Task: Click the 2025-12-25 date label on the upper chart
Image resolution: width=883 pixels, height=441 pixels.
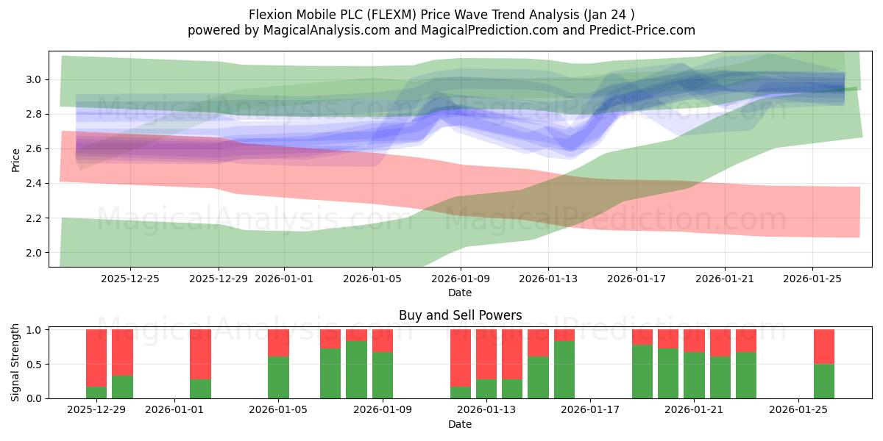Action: (x=130, y=279)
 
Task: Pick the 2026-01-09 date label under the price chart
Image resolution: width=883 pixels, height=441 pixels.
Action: (x=461, y=279)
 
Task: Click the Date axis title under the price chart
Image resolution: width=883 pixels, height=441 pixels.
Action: (x=460, y=293)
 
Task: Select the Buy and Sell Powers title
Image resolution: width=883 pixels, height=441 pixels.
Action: (x=460, y=315)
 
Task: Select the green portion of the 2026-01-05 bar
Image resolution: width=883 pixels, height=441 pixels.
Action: (x=278, y=377)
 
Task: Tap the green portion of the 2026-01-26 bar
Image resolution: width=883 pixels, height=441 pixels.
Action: (x=824, y=381)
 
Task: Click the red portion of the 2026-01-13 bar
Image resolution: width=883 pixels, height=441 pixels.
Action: (x=486, y=354)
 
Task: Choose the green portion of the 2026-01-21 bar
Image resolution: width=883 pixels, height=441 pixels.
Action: (x=694, y=375)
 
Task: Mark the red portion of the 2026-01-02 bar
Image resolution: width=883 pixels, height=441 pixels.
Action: (x=200, y=354)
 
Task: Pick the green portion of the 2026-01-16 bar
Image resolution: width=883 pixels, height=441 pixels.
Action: (x=564, y=370)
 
